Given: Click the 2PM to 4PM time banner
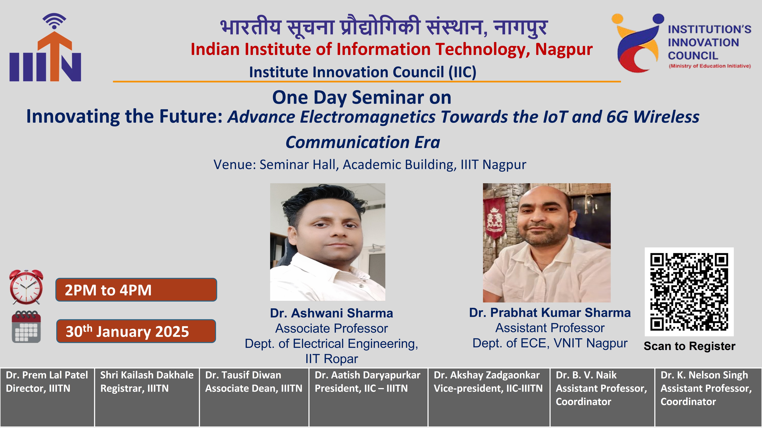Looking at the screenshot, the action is [136, 290].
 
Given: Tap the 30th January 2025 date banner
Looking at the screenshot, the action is [136, 331].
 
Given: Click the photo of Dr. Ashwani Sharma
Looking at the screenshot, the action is [327, 242].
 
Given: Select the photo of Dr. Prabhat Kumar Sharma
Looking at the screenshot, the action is [547, 243].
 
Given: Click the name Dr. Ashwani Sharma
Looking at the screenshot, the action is [332, 313].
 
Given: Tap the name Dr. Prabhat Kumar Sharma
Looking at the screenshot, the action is [550, 312].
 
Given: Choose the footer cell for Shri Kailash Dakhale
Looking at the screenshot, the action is [147, 397].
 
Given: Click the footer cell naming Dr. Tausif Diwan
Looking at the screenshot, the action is [254, 397].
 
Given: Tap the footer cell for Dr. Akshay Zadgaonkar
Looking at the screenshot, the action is [489, 397].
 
